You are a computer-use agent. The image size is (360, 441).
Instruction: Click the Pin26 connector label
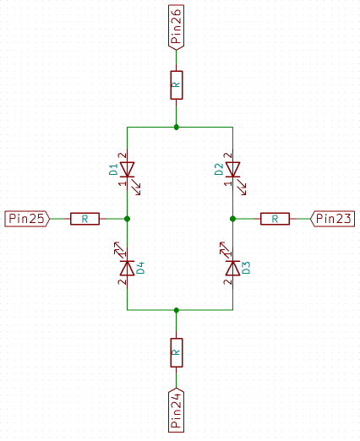[176, 27]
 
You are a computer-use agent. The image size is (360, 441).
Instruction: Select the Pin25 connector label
[27, 219]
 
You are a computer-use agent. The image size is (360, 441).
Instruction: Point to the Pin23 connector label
[332, 219]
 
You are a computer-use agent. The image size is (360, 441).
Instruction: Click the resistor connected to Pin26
[177, 85]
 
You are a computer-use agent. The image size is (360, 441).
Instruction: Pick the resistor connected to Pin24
[177, 352]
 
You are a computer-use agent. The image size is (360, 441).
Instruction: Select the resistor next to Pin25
[85, 219]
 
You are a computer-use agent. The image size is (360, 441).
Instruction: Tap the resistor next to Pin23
[275, 219]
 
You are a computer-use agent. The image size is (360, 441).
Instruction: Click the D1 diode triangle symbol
[127, 170]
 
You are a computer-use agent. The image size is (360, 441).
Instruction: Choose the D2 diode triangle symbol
[232, 170]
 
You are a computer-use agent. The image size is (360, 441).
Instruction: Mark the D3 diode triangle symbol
[232, 268]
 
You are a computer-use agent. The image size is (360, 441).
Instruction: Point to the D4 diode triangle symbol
[127, 268]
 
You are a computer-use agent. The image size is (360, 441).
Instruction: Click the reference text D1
[113, 169]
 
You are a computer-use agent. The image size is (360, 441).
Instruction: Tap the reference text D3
[246, 268]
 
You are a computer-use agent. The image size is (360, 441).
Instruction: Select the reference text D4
[140, 268]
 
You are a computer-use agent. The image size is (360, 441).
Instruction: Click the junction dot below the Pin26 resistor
[177, 128]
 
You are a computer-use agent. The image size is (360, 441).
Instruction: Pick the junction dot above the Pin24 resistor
[177, 310]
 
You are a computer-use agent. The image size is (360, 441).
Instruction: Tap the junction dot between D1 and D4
[127, 219]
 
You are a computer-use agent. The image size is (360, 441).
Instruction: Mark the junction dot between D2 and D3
[232, 219]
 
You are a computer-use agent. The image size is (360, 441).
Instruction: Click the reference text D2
[219, 169]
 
